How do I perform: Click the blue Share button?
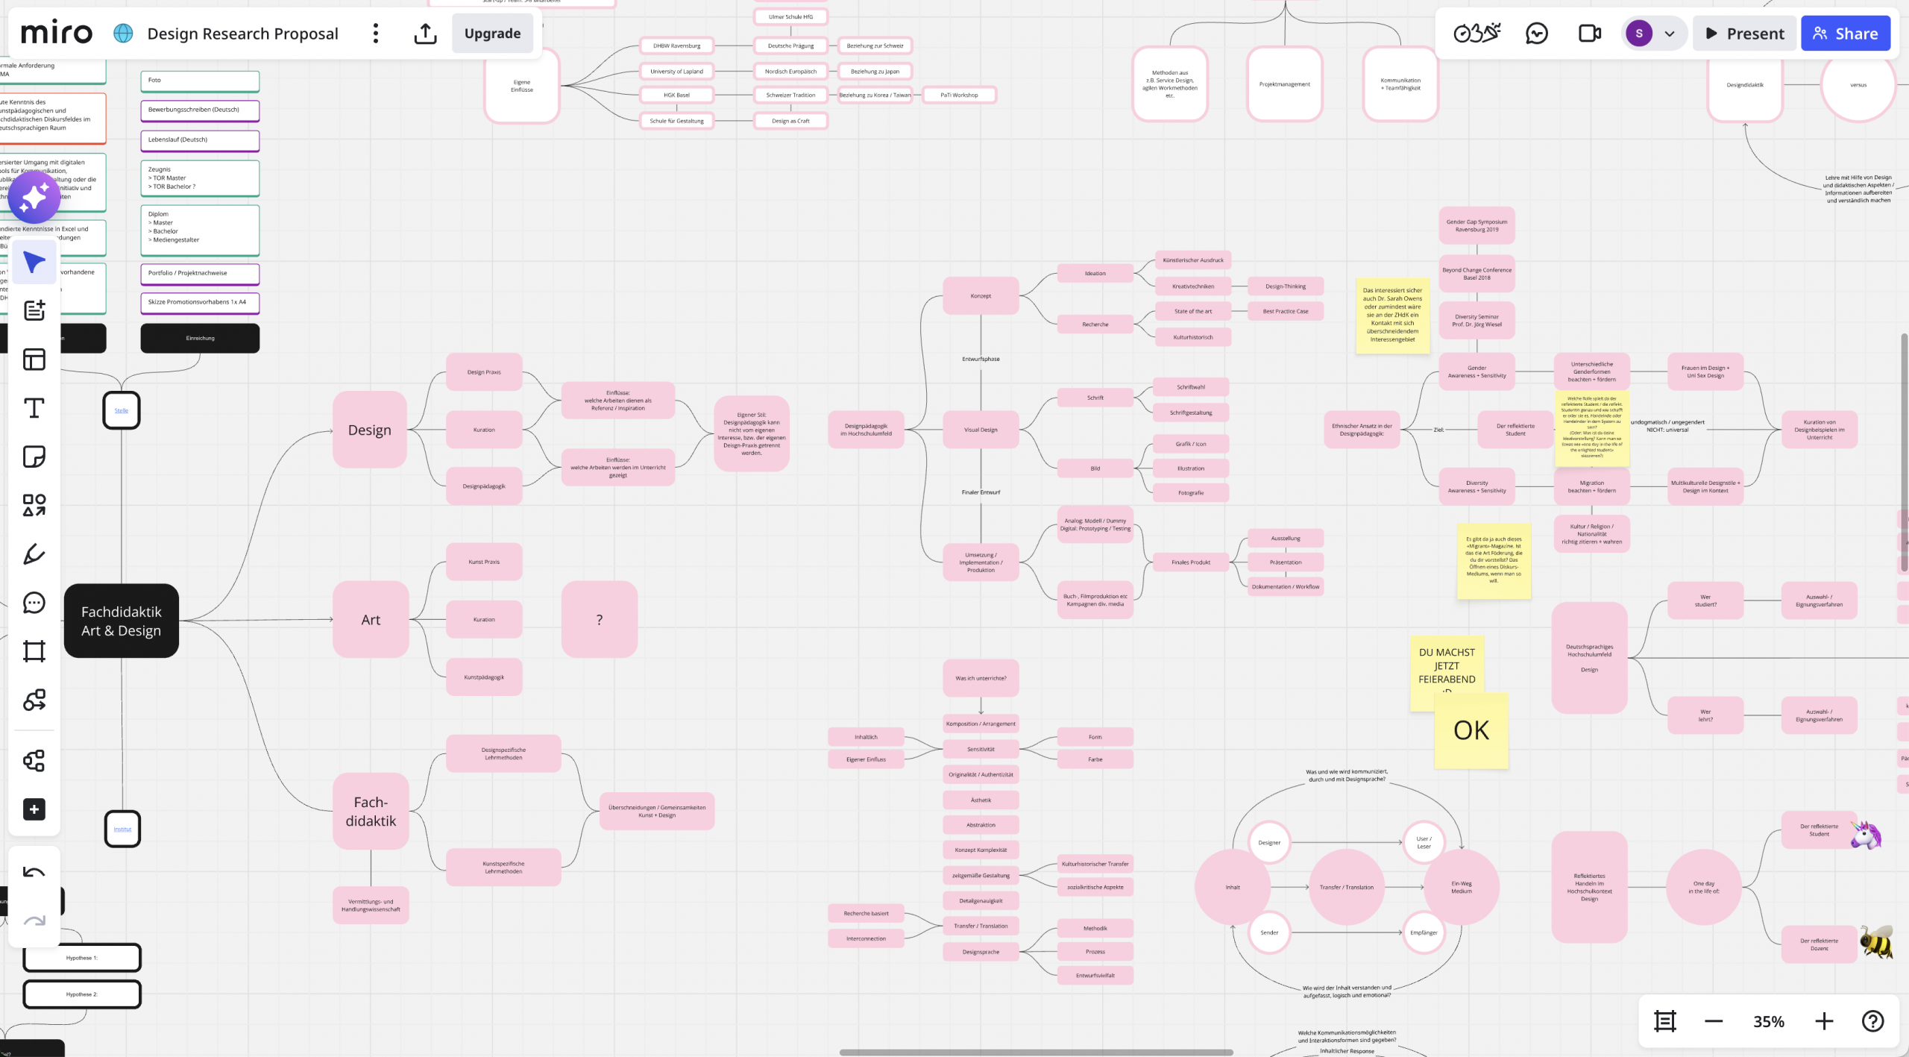pos(1845,34)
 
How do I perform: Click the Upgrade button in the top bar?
pos(492,34)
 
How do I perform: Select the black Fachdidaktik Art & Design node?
pos(122,621)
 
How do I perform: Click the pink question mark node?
pos(600,619)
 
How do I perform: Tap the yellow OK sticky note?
pos(1471,731)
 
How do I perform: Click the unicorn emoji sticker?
pos(1866,835)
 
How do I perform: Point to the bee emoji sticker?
pos(1875,942)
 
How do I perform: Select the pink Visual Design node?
pos(981,430)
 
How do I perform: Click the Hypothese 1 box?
pos(82,958)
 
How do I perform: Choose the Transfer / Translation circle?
pos(1347,887)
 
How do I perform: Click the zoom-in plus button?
pos(1824,1021)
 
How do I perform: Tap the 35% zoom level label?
pos(1768,1021)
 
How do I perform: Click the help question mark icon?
pos(1873,1021)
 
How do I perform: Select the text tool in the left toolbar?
pos(34,408)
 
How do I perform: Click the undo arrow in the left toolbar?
pos(34,872)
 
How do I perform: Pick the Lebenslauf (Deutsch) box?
pos(200,140)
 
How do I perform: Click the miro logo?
pos(57,34)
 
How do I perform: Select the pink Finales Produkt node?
pos(1190,562)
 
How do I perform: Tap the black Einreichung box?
pos(200,338)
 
